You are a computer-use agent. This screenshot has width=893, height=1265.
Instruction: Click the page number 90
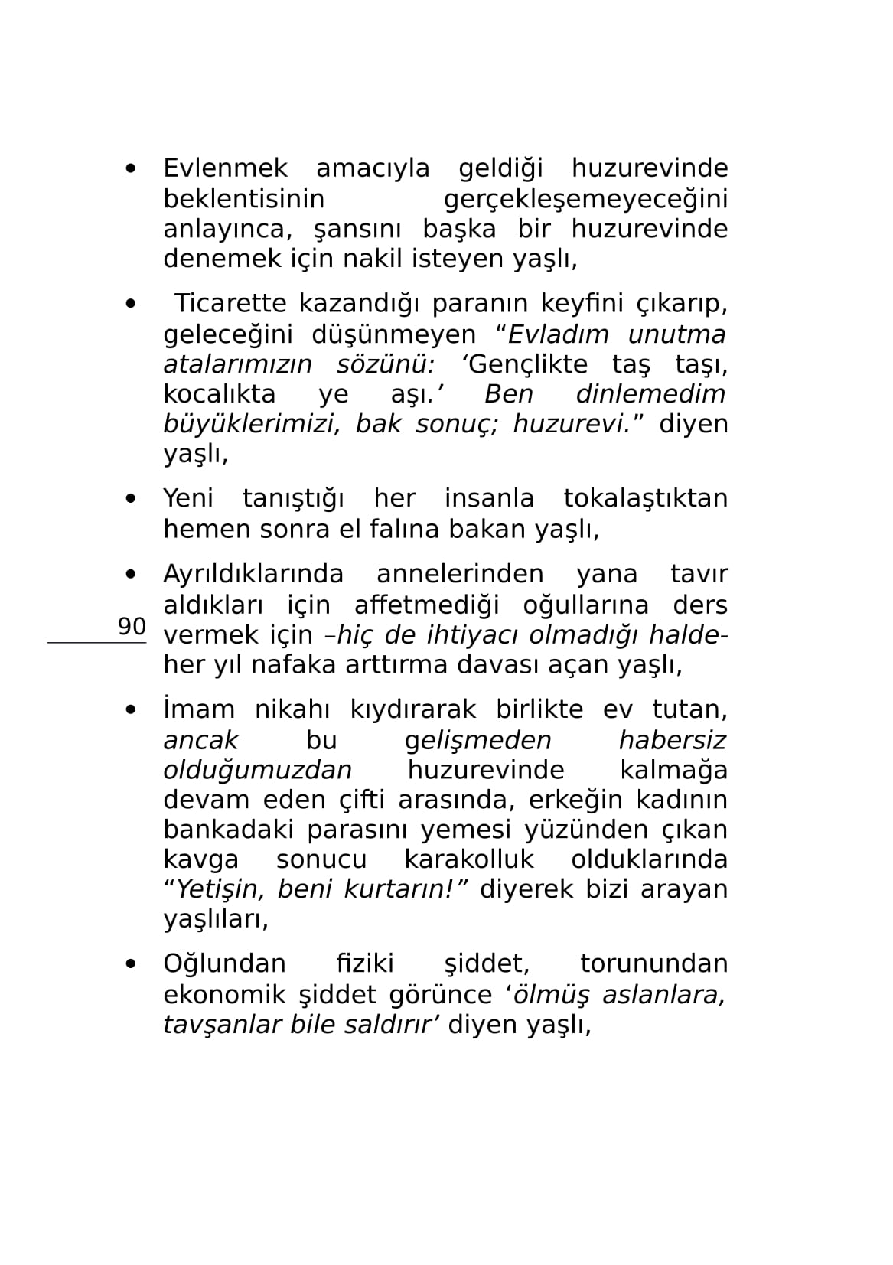[132, 627]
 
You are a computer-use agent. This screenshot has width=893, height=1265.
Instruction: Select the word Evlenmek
[225, 168]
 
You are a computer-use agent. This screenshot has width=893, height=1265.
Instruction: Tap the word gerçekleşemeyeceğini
[585, 199]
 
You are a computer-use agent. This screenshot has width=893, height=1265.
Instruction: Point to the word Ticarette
[230, 304]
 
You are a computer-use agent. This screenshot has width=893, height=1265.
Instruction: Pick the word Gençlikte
[527, 364]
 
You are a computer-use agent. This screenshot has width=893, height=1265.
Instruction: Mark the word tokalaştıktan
[645, 499]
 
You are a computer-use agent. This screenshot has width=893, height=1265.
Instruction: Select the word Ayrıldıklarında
[253, 574]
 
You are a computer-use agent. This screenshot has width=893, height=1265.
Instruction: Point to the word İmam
[199, 709]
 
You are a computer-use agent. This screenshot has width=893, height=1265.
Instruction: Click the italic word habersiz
[672, 740]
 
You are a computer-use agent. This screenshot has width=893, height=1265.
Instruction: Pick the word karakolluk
[468, 859]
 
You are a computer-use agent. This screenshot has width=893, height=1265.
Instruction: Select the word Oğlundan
[224, 963]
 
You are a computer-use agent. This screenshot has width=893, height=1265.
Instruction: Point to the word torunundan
[653, 963]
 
